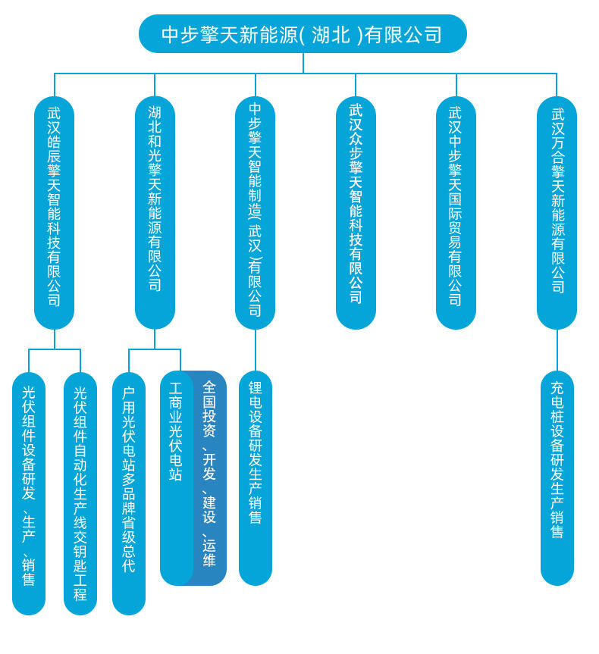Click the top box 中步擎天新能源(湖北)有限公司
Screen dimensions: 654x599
click(x=303, y=34)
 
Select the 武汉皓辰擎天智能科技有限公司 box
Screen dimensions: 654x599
click(x=54, y=212)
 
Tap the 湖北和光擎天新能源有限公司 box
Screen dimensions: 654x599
click(x=155, y=212)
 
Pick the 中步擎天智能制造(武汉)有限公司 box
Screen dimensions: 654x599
click(x=255, y=212)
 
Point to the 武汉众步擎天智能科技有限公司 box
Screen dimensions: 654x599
click(x=356, y=212)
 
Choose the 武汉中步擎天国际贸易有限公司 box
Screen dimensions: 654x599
click(x=456, y=212)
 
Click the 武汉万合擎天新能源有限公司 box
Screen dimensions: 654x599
click(x=557, y=212)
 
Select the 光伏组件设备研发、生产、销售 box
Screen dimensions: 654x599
click(x=29, y=493)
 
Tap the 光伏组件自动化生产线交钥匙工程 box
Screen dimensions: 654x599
click(x=80, y=493)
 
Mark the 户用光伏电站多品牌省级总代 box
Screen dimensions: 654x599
click(x=129, y=493)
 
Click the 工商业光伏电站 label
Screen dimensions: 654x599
click(x=176, y=432)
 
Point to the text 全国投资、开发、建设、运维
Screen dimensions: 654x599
click(x=209, y=474)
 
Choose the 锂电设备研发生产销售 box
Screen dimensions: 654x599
click(x=256, y=477)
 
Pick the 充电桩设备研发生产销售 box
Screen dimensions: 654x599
click(x=557, y=477)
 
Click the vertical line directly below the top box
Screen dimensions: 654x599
click(x=303, y=63)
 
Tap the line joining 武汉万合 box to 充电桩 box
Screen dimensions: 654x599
click(x=557, y=350)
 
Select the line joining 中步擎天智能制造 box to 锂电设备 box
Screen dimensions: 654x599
click(x=256, y=350)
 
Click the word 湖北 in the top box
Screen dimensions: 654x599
click(x=331, y=35)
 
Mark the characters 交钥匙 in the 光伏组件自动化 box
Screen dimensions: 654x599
click(x=80, y=550)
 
